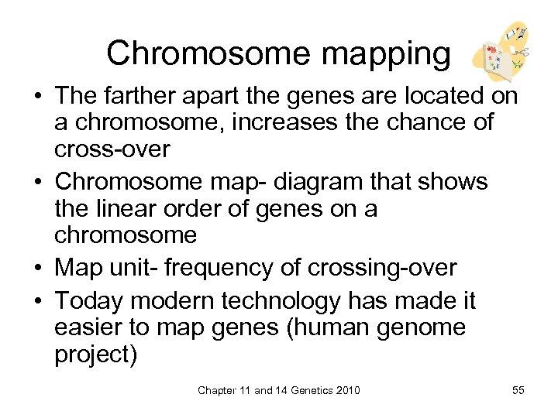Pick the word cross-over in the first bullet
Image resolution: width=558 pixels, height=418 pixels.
[x=112, y=149]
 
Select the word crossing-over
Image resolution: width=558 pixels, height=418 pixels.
[x=382, y=268]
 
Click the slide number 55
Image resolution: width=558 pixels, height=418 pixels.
[x=518, y=390]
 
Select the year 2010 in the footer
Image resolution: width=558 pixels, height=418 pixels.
[x=346, y=390]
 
